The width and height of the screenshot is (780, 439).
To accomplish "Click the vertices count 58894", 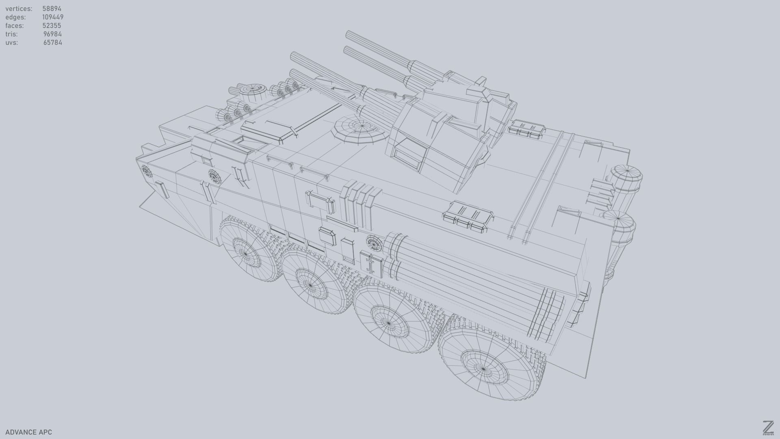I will [x=52, y=9].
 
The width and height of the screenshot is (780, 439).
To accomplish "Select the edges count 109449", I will [x=53, y=17].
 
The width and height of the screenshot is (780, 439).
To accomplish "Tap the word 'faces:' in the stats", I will [x=15, y=26].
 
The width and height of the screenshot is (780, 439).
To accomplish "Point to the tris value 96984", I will [x=52, y=34].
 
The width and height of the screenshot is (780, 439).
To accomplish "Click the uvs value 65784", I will [x=52, y=43].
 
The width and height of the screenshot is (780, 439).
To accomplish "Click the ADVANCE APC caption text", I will [x=28, y=432].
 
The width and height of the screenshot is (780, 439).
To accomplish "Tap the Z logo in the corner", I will [x=768, y=428].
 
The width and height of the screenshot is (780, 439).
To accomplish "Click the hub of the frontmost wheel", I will [x=483, y=368].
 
